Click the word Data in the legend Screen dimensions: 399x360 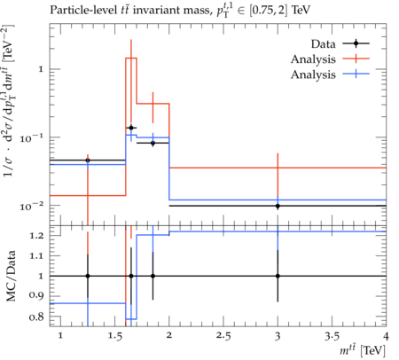click(323, 44)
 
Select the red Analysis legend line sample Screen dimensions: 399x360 click(356, 59)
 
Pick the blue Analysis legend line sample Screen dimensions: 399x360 click(356, 74)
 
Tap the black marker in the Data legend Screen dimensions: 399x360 click(356, 43)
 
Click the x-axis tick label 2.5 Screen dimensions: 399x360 click(223, 336)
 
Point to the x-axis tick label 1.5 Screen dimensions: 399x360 click(114, 336)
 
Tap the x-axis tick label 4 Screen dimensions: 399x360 click(386, 336)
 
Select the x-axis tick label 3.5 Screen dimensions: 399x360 click(332, 336)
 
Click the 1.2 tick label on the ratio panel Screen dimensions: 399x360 click(36, 236)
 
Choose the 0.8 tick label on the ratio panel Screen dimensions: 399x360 click(36, 317)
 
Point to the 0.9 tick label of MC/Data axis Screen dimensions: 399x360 click(36, 295)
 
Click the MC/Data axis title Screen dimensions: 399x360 click(11, 276)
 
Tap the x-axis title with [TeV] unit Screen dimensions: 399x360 click(363, 350)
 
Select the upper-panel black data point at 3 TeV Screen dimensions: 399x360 click(278, 206)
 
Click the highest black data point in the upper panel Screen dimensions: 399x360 click(131, 128)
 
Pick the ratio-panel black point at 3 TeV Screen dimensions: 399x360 click(278, 276)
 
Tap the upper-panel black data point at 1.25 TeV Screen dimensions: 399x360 click(88, 160)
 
